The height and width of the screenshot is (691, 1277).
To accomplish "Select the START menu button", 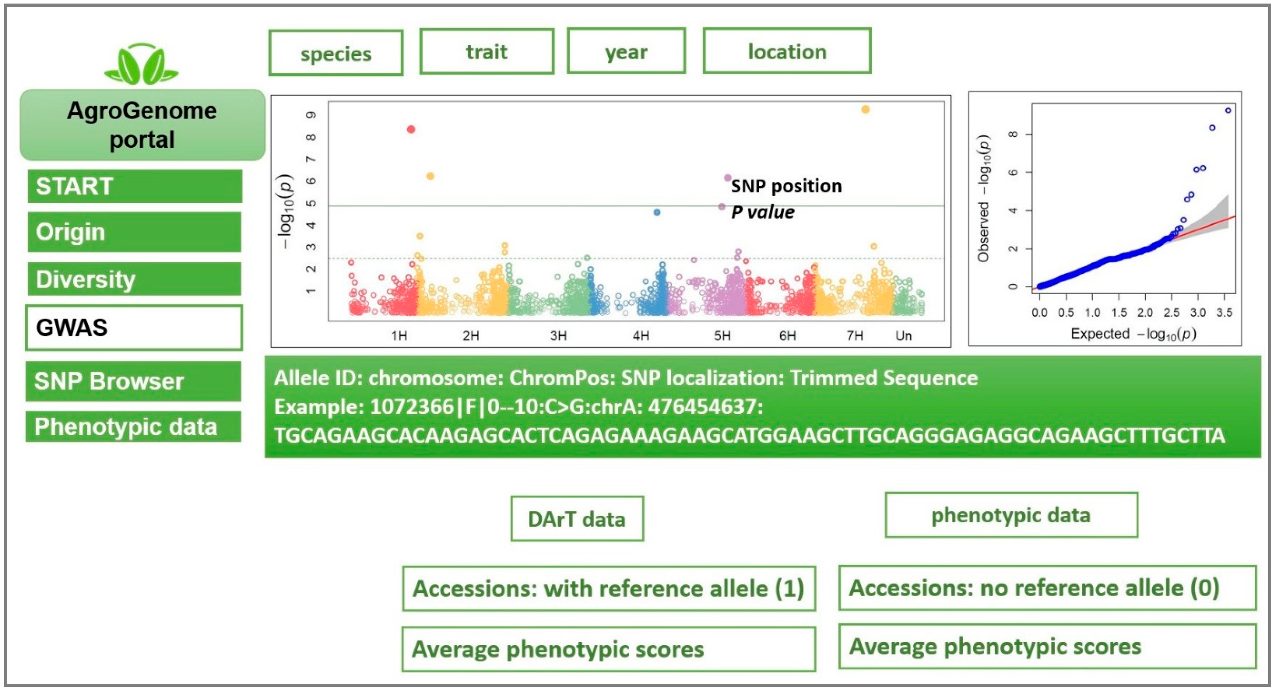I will coord(135,186).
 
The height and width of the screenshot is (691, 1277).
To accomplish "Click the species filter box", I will coord(336,53).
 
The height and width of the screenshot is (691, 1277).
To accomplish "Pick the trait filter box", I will coord(486,51).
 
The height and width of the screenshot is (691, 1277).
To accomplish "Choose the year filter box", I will coord(626,51).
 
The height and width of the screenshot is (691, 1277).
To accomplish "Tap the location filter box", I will coord(787,51).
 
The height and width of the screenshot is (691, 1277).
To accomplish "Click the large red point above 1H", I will coord(411,129).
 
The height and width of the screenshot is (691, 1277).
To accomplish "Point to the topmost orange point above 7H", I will coord(865,110).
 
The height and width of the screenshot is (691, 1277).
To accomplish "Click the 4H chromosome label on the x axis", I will coord(641,336).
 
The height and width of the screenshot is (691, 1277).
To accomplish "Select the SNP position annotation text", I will coord(786,186).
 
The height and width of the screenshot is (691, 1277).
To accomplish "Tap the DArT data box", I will coord(577,519).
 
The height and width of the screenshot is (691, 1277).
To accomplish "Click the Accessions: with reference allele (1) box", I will coord(609,588).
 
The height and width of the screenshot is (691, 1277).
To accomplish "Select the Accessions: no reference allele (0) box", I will coord(1047,588).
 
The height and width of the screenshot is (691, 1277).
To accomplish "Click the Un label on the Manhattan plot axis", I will coord(903,336).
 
